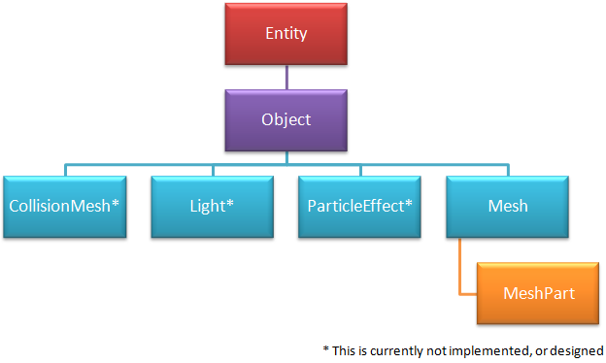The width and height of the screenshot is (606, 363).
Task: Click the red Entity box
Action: coord(286,34)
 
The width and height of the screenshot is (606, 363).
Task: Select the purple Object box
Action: coord(286,120)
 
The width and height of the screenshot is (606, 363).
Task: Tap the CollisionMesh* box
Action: coord(64,207)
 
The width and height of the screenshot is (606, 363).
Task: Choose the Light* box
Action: coord(212,207)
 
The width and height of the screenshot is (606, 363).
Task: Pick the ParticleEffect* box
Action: coord(359,207)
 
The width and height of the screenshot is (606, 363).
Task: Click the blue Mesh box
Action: coord(508,207)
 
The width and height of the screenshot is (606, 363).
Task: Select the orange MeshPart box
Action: coord(538,293)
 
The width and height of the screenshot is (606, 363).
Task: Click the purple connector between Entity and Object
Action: coord(286,78)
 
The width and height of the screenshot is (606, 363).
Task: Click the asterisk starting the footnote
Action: coord(326,348)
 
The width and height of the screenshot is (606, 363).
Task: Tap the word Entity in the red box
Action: coord(286,34)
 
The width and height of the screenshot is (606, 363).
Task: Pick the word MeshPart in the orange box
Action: coord(539,293)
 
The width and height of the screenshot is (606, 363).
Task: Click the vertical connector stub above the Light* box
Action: coord(213,171)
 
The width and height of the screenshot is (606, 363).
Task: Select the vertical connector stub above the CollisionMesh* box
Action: coord(65,171)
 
